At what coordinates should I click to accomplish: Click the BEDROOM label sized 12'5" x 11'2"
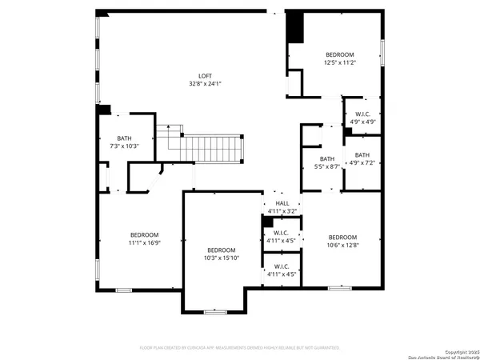click(339, 54)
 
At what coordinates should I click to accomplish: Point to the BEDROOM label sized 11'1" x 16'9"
click(144, 234)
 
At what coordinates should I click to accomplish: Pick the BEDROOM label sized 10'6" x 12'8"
click(342, 237)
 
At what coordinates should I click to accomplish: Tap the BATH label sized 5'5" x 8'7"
click(327, 158)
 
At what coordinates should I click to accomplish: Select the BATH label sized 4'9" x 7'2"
click(362, 155)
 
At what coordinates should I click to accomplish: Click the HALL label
click(282, 203)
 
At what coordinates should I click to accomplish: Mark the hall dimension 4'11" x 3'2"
click(282, 210)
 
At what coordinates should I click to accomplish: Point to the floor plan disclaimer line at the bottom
click(240, 348)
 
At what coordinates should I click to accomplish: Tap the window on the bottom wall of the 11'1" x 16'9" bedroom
click(123, 289)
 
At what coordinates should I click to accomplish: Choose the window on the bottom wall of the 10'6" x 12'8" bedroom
click(339, 286)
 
